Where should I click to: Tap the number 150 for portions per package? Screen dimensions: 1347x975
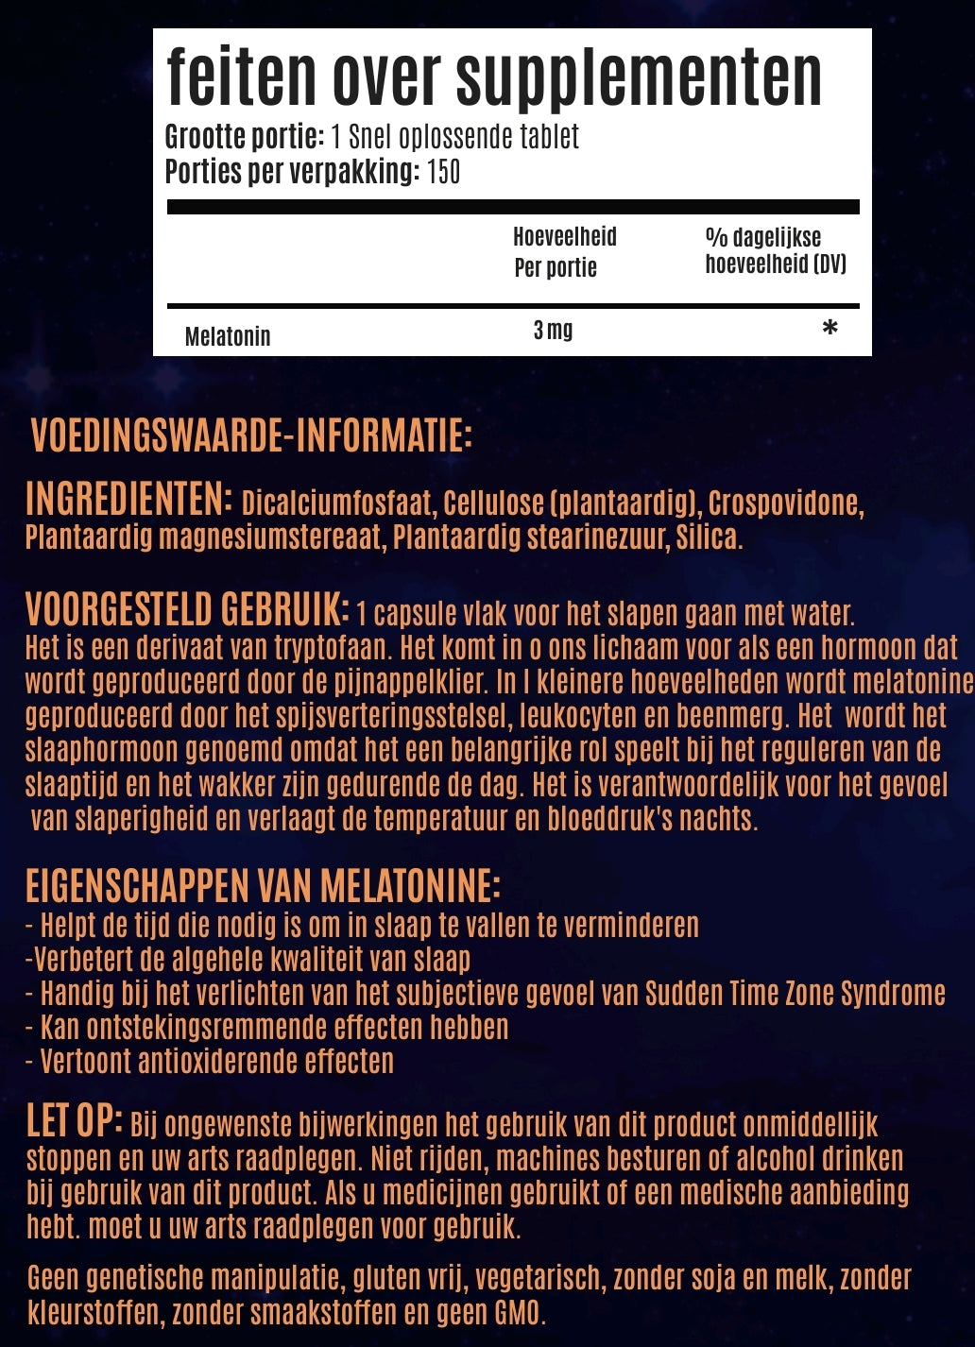click(443, 172)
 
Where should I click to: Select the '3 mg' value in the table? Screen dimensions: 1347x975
click(553, 330)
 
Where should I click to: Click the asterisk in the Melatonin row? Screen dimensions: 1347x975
click(830, 329)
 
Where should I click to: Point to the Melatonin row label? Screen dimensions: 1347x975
click(228, 336)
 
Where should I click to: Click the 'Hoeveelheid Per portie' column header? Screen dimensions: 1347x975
click(564, 251)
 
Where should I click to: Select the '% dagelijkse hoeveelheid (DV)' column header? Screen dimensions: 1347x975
click(775, 250)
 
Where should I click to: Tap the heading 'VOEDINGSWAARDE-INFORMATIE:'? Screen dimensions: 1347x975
click(251, 435)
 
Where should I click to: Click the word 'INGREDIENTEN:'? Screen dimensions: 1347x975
click(128, 499)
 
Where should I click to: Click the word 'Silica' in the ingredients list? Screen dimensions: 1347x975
click(707, 537)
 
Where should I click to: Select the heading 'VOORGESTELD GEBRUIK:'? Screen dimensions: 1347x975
click(187, 609)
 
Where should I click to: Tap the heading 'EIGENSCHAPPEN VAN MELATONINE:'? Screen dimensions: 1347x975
click(263, 886)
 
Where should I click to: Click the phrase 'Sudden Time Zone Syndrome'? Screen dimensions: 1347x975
click(795, 993)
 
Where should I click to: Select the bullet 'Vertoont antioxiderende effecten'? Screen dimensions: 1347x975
click(216, 1061)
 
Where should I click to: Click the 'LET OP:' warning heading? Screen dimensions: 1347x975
click(74, 1121)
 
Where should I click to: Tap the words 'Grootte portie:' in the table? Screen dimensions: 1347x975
click(245, 138)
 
